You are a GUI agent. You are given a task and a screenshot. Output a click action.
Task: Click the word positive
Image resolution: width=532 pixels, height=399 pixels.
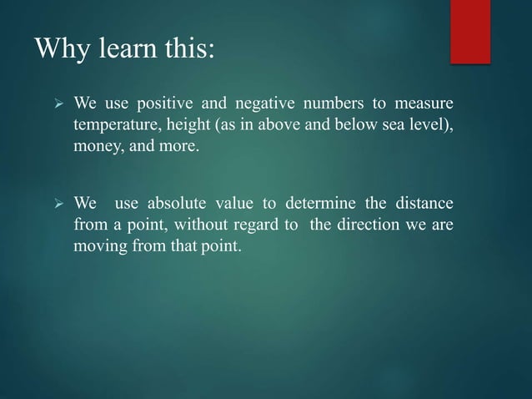pos(168,104)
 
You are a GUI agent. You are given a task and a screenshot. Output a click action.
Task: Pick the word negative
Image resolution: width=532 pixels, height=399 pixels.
pos(265,104)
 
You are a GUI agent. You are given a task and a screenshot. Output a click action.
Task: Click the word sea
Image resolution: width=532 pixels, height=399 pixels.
pos(374,125)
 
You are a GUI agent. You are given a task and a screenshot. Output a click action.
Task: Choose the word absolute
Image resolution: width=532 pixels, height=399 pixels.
pos(177,204)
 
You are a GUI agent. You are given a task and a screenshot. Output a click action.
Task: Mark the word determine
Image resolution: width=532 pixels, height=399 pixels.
pos(318,204)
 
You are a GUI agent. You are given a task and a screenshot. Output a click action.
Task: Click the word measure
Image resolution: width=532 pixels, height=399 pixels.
pos(424,104)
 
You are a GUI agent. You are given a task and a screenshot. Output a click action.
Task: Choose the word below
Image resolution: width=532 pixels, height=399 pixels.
pos(339,125)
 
